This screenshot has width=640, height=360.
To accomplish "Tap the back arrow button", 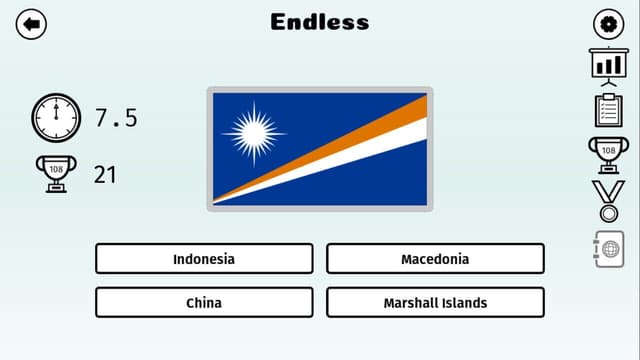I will pos(32,24).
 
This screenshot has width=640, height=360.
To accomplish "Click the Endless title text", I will pos(320,22).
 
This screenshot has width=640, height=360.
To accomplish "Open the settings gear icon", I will pos(608,24).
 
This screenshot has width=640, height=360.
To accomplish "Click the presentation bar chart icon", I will pos(608,66).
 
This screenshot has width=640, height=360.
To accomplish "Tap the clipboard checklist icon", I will pos(608,109).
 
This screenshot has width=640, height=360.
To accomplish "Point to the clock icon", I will pos(55,118).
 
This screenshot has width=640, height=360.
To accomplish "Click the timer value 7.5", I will pos(116,118).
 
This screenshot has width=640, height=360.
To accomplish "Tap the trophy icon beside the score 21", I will pos(55,173).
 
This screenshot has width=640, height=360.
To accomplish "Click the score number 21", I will pos(105,174).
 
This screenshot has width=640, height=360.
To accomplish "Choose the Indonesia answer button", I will pos(204,259).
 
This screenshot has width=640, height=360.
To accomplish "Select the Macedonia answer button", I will pos(435,259).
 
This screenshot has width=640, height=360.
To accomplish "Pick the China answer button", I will pos(204,302).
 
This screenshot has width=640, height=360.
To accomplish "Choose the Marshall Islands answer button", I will pos(435,302).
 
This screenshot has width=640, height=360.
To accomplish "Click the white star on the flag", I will pos(253,133).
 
